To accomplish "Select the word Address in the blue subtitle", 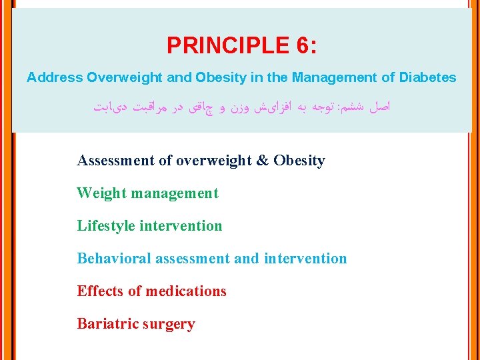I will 55,77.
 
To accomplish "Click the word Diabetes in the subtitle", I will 428,77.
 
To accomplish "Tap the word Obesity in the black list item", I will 299,161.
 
